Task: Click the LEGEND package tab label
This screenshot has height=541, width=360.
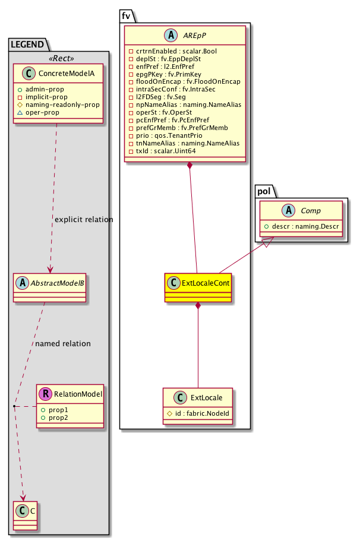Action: click(x=27, y=43)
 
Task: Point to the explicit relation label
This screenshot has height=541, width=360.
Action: click(x=83, y=220)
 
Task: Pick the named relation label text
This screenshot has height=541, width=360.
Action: click(x=63, y=343)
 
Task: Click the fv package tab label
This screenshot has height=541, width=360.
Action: click(x=126, y=16)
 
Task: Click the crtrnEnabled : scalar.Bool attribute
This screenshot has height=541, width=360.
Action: click(x=169, y=52)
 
